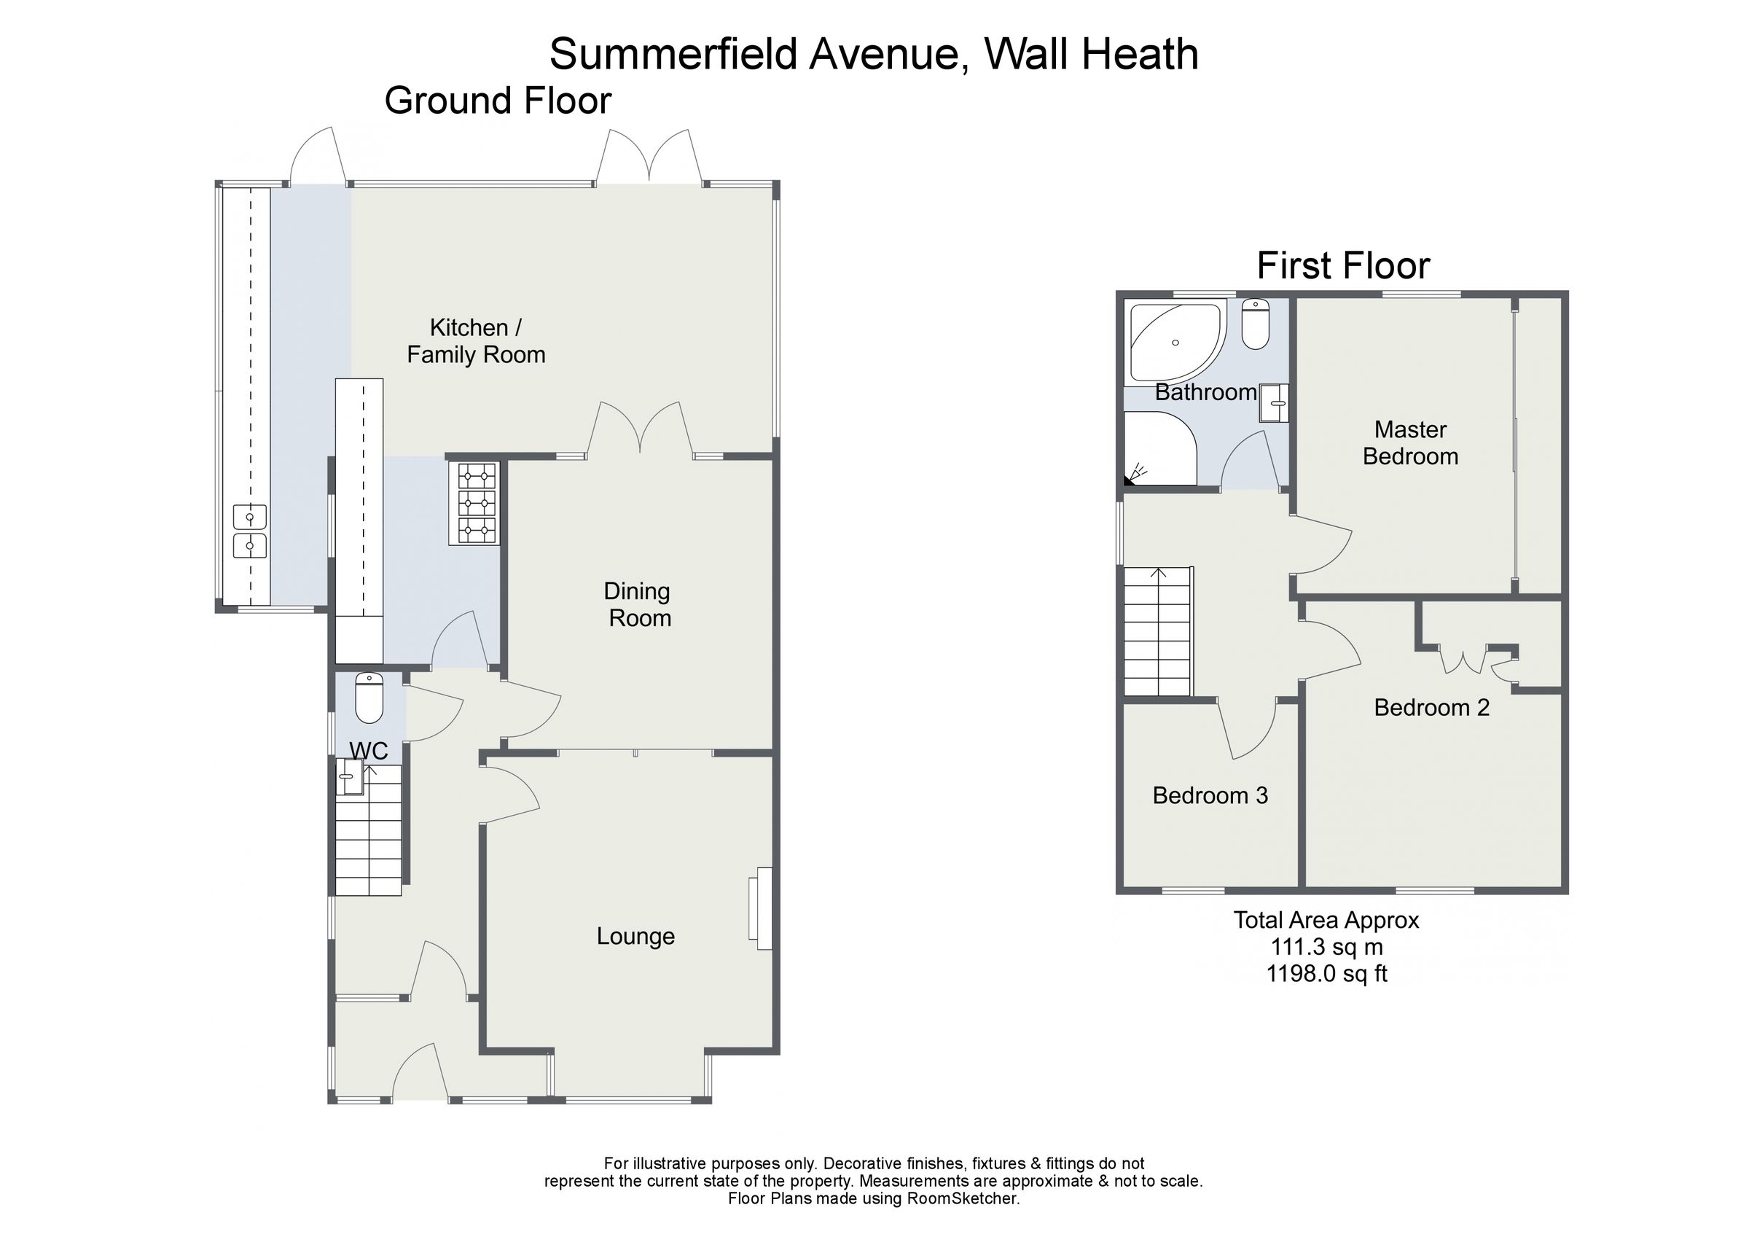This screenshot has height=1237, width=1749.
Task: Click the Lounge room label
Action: (635, 936)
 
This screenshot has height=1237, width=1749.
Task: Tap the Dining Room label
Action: (638, 604)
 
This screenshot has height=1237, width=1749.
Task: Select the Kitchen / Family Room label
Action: (476, 340)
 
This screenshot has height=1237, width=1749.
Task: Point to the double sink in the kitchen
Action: (249, 531)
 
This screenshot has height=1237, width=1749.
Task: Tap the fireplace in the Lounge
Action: (761, 908)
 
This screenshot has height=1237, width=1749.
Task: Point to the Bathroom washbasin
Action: (1273, 403)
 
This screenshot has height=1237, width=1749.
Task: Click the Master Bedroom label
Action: (1410, 442)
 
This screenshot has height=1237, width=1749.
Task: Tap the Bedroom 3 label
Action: (1210, 796)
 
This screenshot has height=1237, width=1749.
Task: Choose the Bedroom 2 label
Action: (1431, 707)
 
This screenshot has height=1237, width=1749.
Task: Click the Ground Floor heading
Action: (498, 101)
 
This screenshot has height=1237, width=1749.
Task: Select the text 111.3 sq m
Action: (1326, 948)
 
